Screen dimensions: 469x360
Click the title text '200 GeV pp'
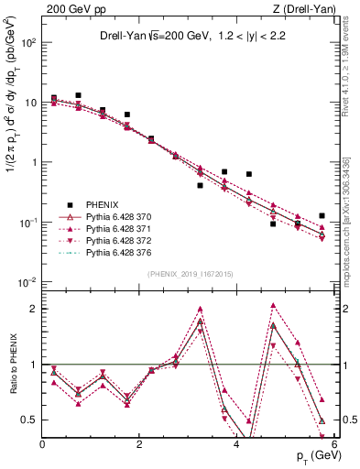pos(68,8)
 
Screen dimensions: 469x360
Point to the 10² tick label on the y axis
pos(27,43)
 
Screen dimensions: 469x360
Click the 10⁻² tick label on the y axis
pos(27,282)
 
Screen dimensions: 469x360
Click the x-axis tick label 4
pos(236,444)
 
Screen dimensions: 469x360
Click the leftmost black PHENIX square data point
pos(54,98)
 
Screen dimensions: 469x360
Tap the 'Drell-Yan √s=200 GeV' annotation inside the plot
pos(151,37)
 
